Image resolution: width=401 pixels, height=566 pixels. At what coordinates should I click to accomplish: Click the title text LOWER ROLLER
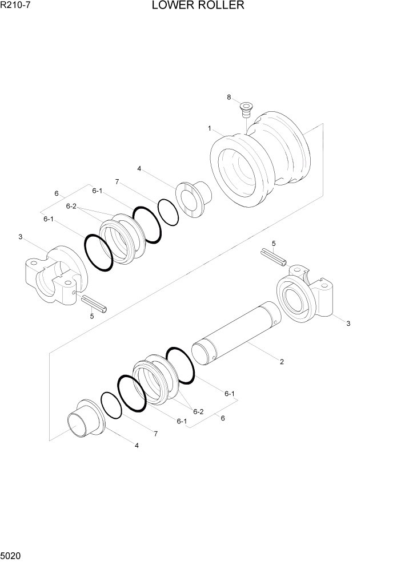pyautogui.click(x=198, y=6)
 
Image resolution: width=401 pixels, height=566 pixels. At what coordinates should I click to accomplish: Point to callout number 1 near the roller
pyautogui.click(x=210, y=128)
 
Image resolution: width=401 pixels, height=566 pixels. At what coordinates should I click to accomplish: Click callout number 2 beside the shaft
pyautogui.click(x=282, y=361)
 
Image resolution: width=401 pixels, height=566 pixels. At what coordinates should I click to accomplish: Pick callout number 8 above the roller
pyautogui.click(x=229, y=98)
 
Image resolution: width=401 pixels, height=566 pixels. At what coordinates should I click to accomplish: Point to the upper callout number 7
pyautogui.click(x=117, y=182)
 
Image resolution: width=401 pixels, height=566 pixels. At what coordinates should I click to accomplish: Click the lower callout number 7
pyautogui.click(x=155, y=434)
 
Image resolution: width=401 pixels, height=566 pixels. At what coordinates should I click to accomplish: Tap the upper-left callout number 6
pyautogui.click(x=57, y=193)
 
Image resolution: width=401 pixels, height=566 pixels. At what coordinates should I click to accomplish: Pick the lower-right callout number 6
pyautogui.click(x=223, y=418)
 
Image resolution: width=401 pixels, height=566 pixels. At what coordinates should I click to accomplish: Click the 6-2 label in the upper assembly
pyautogui.click(x=71, y=206)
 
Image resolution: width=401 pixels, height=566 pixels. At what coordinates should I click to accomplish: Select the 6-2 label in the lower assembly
pyautogui.click(x=198, y=411)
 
